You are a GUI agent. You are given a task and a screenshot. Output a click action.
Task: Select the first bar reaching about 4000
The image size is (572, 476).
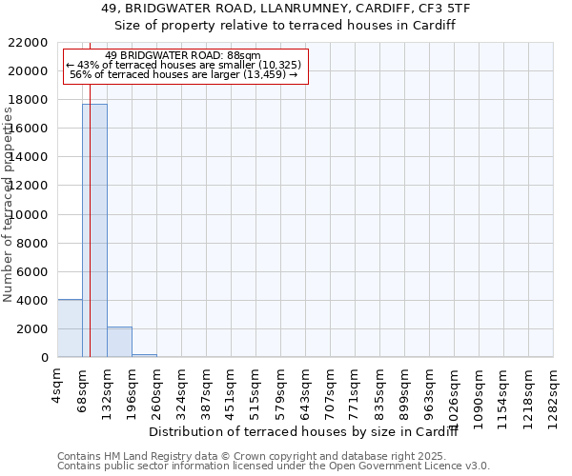point(70,328)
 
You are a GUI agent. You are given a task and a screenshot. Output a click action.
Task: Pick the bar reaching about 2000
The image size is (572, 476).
point(119,342)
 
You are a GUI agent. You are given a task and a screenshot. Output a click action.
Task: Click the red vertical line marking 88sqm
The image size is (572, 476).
point(90,238)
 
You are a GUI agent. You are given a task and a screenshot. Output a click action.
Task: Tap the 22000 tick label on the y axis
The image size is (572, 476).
point(29,43)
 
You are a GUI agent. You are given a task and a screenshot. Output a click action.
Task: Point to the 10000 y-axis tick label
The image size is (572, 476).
point(29,215)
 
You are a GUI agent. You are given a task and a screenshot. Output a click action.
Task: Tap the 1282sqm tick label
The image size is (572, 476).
point(553,388)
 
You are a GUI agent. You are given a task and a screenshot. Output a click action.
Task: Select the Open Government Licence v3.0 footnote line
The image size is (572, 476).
point(274,466)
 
